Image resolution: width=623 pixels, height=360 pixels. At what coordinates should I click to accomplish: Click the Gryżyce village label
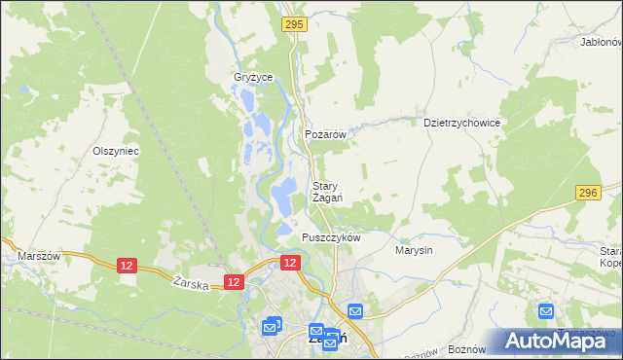click(x=252, y=77)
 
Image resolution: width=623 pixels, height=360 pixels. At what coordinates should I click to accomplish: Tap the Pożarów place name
click(x=326, y=135)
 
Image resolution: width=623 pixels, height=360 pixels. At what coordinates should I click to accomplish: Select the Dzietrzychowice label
click(x=461, y=124)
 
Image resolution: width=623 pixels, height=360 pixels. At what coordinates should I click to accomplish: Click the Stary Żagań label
click(x=326, y=192)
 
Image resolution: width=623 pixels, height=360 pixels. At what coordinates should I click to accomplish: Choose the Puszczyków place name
click(x=331, y=237)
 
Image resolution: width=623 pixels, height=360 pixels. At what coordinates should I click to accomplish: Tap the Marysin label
click(x=414, y=250)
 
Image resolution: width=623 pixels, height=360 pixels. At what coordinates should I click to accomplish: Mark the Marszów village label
click(x=39, y=256)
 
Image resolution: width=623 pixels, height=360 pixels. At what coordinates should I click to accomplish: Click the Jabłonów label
click(x=600, y=43)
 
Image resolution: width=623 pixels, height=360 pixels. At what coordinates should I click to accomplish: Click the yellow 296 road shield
click(x=586, y=194)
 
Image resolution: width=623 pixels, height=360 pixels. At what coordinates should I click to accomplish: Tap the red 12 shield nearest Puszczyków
click(x=290, y=263)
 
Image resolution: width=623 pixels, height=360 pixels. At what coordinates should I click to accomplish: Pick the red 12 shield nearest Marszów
click(x=127, y=265)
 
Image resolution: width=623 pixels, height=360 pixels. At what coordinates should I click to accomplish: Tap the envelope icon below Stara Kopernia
click(x=546, y=311)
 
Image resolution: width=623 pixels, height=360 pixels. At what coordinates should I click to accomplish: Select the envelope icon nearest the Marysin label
click(x=355, y=311)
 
